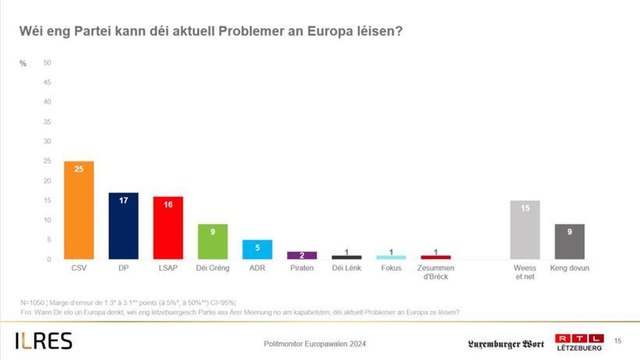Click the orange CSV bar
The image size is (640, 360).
tap(79, 210)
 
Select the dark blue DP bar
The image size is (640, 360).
tap(123, 226)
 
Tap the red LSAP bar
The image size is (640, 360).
tap(168, 228)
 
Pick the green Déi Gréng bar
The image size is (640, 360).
tap(212, 241)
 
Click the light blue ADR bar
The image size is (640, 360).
tap(257, 250)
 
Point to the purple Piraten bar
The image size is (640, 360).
tap(301, 255)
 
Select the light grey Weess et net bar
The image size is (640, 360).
tap(524, 230)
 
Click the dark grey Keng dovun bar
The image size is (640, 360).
tap(569, 241)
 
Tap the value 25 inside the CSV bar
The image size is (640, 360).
tap(79, 168)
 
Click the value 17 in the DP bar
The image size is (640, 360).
tap(123, 199)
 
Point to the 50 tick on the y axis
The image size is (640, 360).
tap(48, 62)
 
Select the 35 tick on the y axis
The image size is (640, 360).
tap(48, 122)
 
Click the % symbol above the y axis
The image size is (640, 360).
tap(23, 62)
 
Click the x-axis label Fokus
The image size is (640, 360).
tap(391, 268)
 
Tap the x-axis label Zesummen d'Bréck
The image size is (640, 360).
tap(436, 272)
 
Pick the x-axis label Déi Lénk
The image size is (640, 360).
tap(347, 268)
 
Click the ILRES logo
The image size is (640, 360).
tap(44, 341)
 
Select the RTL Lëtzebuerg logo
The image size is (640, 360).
tap(578, 342)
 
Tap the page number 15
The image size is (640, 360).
tap(618, 340)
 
